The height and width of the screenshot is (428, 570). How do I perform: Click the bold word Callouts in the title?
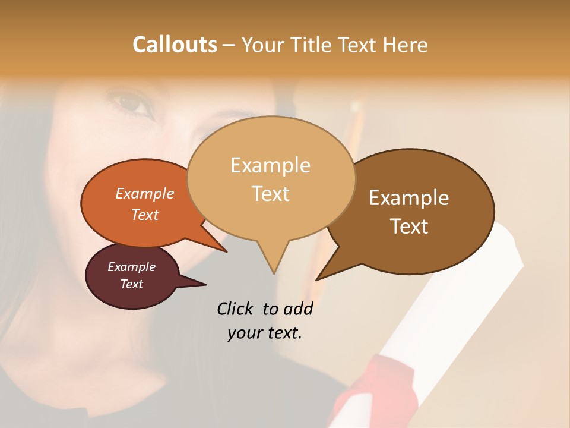pos(175,45)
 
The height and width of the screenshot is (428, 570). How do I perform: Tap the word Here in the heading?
pos(405,45)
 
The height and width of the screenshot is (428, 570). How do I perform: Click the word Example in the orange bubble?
pos(145,193)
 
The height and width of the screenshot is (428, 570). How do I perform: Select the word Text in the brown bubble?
pos(410,226)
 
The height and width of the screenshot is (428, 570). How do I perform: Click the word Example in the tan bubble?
pos(271,165)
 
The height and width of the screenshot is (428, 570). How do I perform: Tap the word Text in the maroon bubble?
pos(132,284)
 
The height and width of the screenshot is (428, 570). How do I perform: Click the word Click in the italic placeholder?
pos(236,309)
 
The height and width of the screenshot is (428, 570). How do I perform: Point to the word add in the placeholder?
pos(298,309)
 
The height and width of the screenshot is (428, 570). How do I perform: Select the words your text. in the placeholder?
pos(265,333)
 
